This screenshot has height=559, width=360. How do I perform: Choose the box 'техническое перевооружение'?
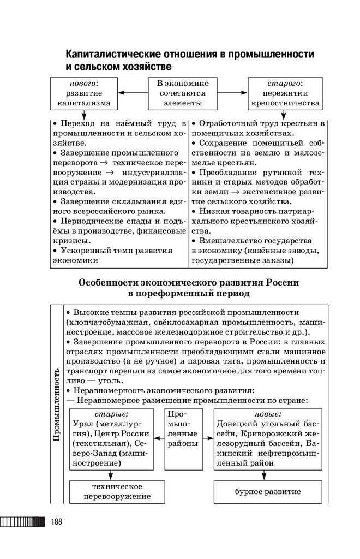[117, 492]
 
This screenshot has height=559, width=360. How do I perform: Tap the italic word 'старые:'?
[112, 414]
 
